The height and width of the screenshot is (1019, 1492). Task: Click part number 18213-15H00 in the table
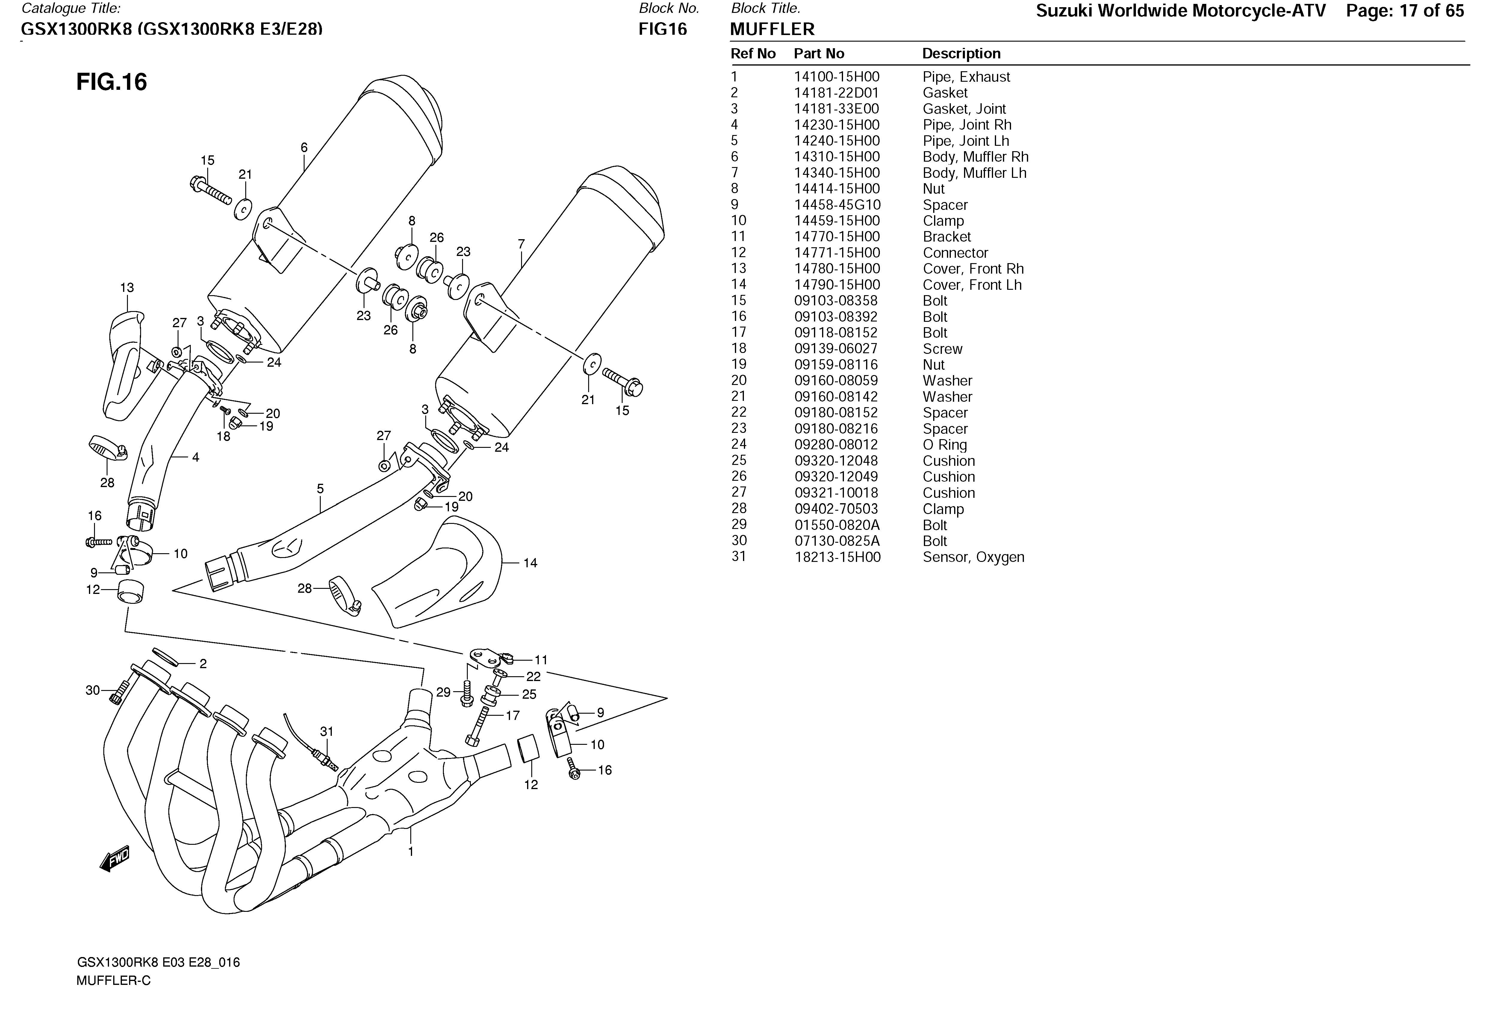837,557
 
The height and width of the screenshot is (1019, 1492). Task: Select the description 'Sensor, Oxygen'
973,557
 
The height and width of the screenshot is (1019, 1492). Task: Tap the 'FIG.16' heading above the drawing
112,82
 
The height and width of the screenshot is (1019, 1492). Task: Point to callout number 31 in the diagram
327,732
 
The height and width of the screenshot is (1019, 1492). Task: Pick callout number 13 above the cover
127,288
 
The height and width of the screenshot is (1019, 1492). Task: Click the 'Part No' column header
818,54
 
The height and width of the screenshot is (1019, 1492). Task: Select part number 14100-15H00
836,77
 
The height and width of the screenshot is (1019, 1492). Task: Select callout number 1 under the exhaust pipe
411,852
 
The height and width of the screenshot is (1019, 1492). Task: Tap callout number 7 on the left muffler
521,245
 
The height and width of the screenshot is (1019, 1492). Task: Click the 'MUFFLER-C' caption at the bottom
114,980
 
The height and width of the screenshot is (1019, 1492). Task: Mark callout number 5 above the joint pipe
320,489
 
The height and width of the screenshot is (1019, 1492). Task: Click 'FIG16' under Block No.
662,30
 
